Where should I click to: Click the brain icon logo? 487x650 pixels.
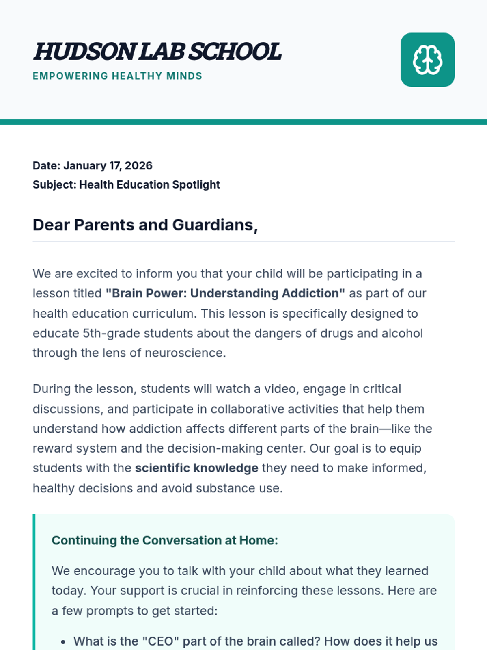coord(427,60)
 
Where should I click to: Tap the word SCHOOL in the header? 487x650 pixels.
coord(235,52)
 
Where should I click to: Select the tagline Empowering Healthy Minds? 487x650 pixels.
coord(117,76)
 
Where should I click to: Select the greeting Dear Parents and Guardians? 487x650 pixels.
coord(145,225)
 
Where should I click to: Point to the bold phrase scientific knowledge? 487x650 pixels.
coord(196,468)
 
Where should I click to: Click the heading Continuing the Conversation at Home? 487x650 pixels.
coord(165,541)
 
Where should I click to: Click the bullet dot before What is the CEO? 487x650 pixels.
coord(63,642)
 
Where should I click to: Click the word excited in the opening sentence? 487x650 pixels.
coord(104,274)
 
